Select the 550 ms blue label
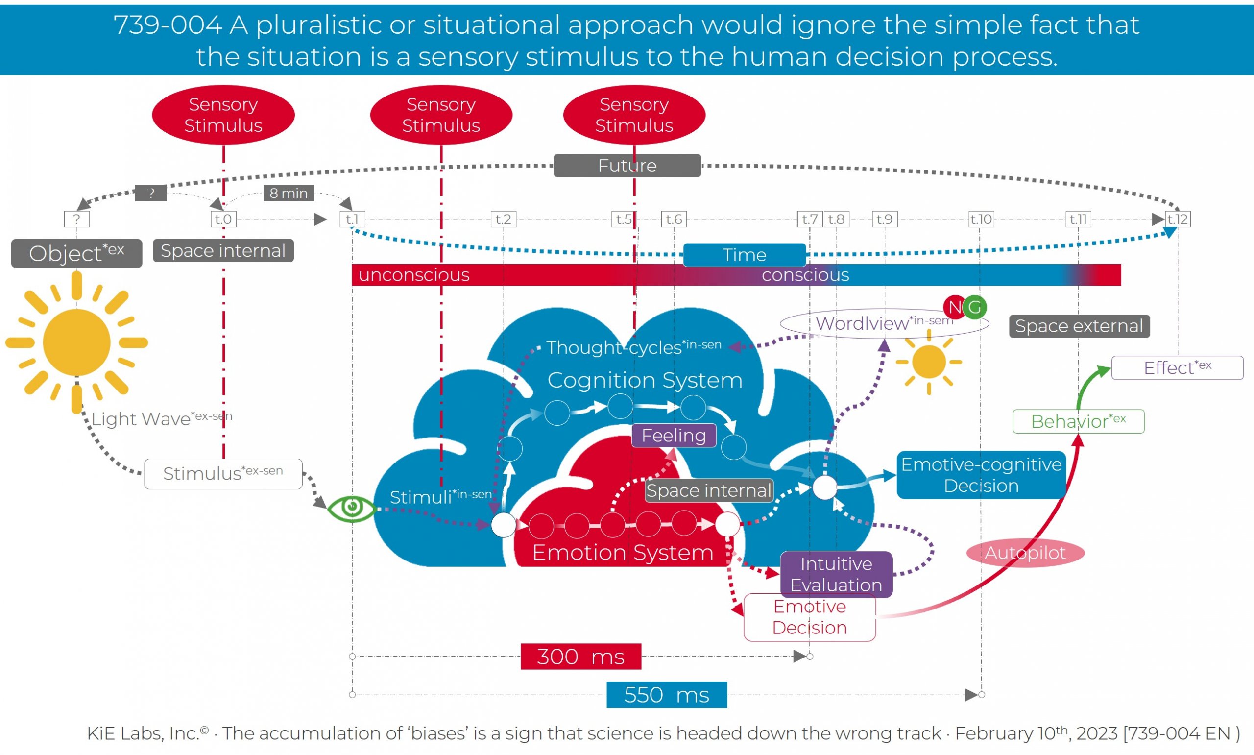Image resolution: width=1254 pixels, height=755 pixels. (666, 694)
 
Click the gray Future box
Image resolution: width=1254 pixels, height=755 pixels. (627, 165)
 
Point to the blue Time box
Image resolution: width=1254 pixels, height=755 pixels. (744, 254)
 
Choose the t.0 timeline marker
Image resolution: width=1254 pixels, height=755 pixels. (223, 219)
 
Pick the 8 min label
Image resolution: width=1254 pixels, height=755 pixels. (289, 193)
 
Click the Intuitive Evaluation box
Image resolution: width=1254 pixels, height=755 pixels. (836, 574)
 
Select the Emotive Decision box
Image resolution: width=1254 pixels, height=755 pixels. (809, 617)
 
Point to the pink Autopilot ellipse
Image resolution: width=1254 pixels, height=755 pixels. (1025, 553)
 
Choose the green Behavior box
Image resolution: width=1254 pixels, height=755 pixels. (1078, 421)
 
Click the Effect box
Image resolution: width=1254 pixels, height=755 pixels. (1177, 367)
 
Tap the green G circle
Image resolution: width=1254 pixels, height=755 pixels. (975, 307)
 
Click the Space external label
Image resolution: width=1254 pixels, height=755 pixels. (1079, 326)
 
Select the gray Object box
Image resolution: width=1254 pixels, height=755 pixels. (76, 253)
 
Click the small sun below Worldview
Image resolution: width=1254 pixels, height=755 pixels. (929, 362)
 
